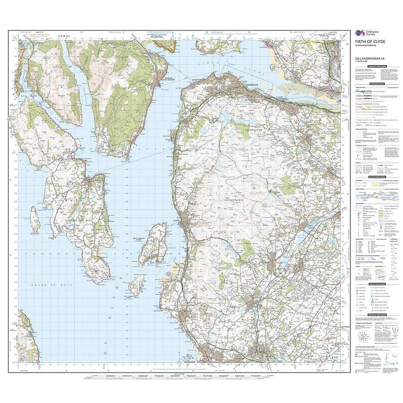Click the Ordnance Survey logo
[x=364, y=33]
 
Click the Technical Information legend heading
[x=377, y=315]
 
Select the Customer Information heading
[x=377, y=66]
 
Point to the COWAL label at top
[x=64, y=36]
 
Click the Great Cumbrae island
[x=153, y=244]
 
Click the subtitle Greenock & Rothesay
[x=367, y=46]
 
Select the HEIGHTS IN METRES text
[x=35, y=35]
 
